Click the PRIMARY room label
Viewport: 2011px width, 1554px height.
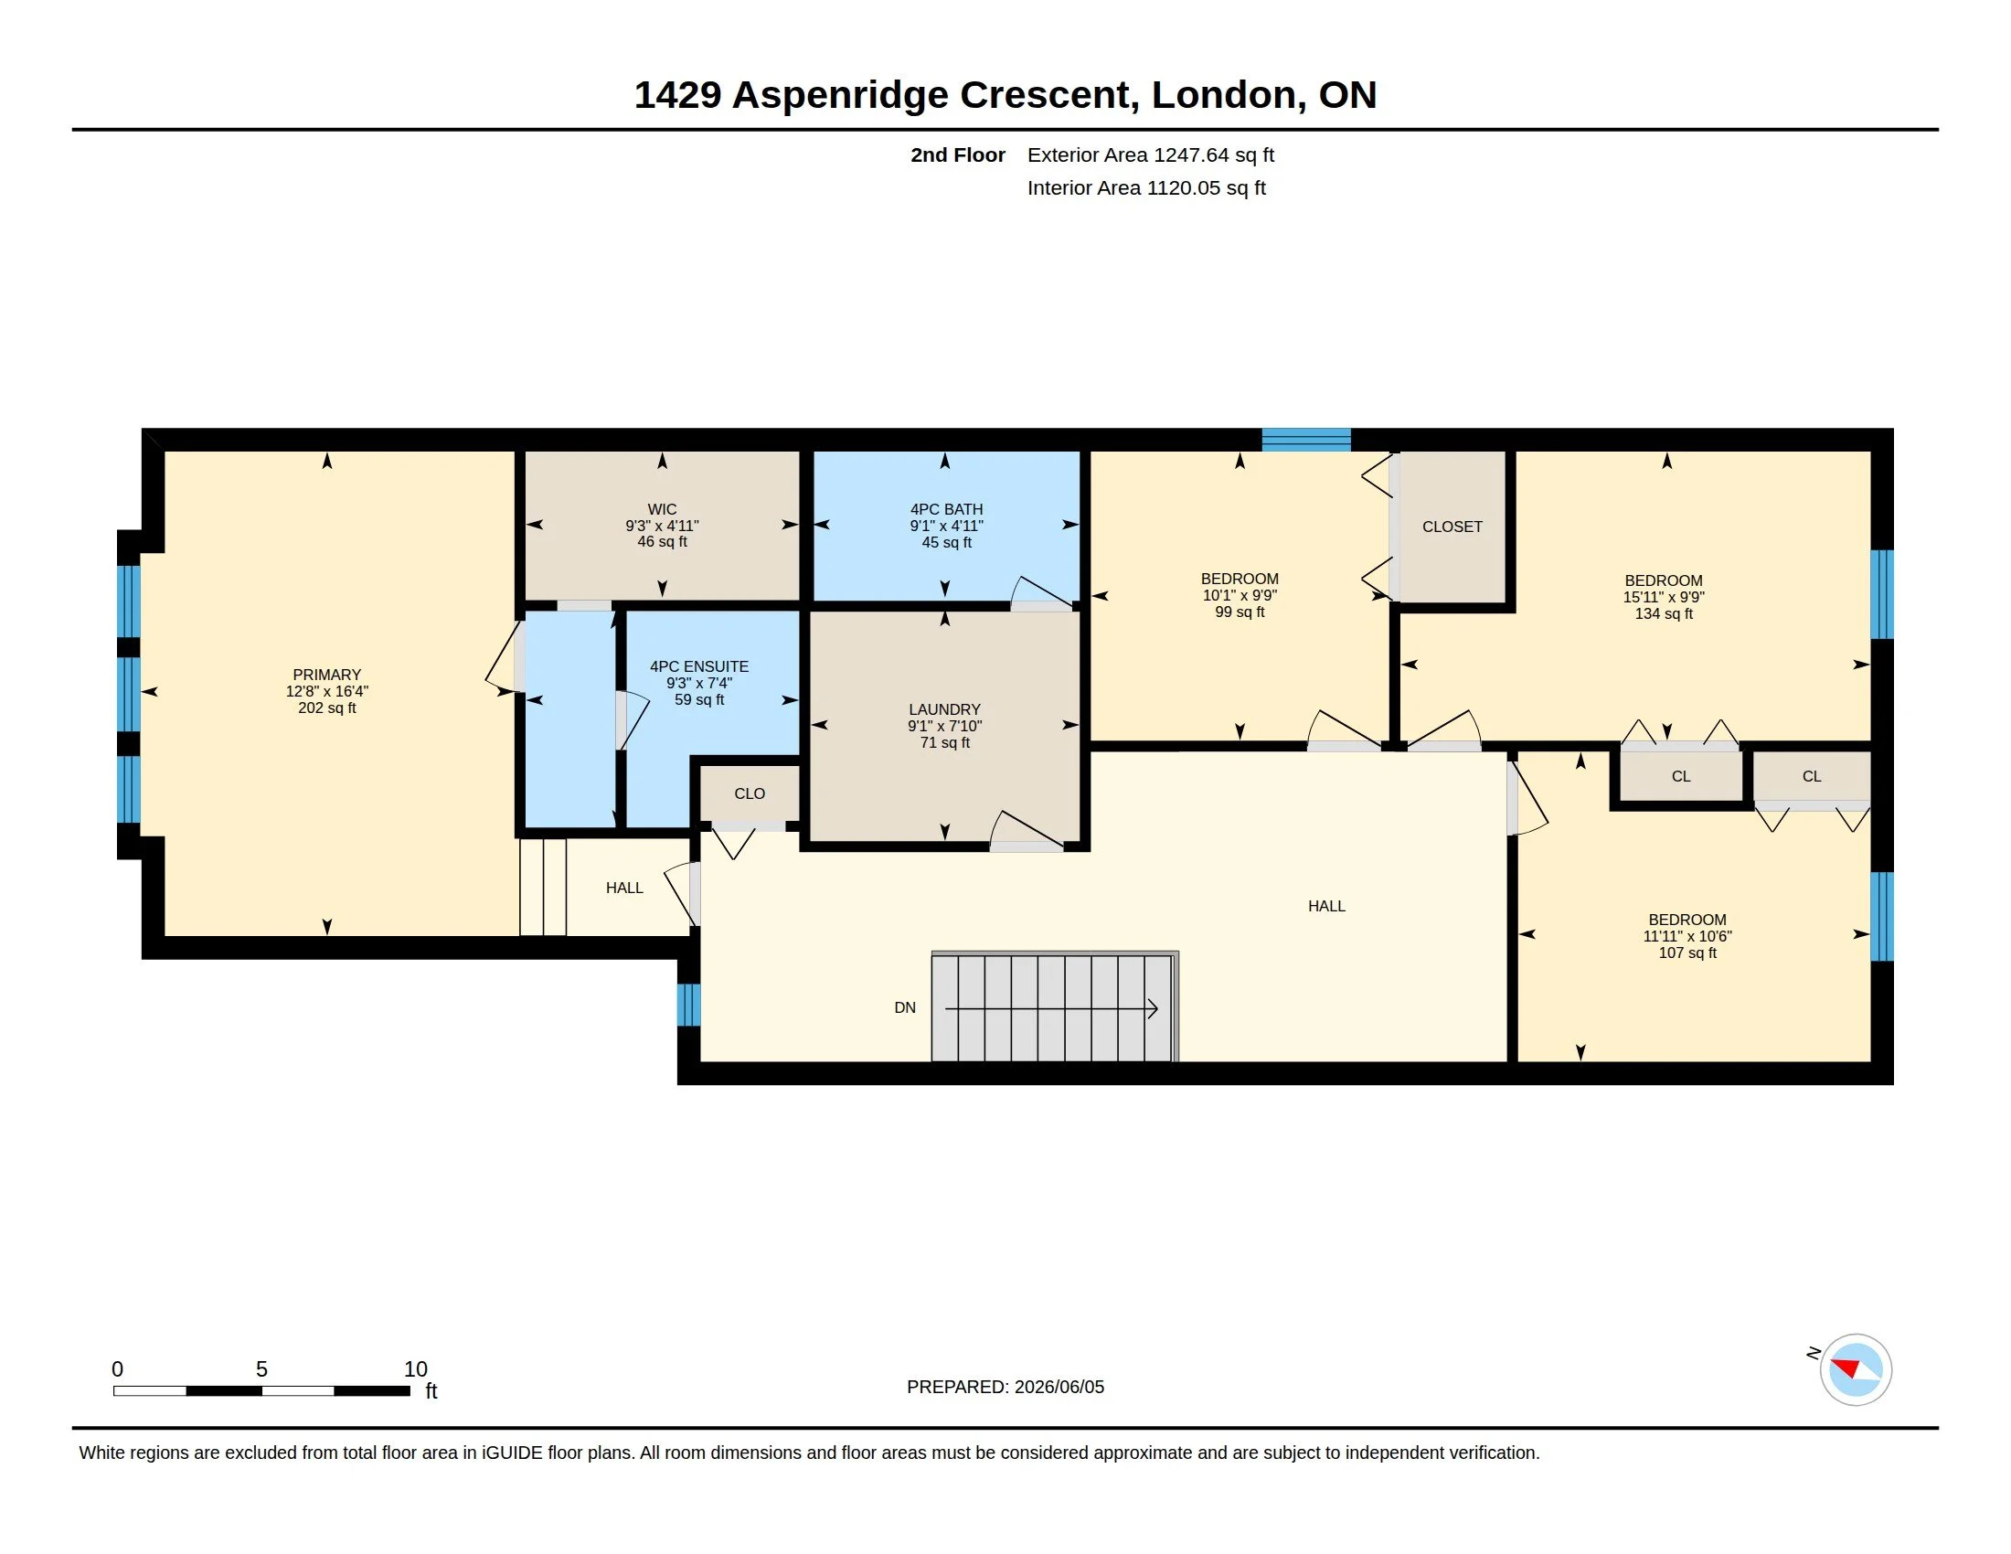327,675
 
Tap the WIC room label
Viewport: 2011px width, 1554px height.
662,509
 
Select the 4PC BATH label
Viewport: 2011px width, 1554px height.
947,509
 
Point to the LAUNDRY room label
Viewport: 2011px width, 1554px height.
945,709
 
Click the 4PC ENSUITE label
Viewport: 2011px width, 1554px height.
699,666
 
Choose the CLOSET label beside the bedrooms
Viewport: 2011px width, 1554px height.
1452,527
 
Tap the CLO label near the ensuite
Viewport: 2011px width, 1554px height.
750,793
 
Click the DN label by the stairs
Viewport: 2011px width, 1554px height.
905,1008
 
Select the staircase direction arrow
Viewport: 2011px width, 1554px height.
1051,1010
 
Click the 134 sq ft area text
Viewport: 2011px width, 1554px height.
1664,614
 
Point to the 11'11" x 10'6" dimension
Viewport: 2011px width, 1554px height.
1687,936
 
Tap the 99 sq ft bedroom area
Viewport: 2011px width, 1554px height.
1240,612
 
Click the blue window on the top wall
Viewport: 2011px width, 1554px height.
1305,439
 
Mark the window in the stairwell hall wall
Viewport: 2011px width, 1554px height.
688,1005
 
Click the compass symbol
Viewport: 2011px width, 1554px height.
1856,1370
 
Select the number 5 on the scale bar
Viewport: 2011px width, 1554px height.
261,1369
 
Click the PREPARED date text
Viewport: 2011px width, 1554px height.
1005,1388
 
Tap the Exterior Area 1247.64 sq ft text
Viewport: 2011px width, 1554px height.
1151,154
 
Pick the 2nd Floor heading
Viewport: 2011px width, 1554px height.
958,154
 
